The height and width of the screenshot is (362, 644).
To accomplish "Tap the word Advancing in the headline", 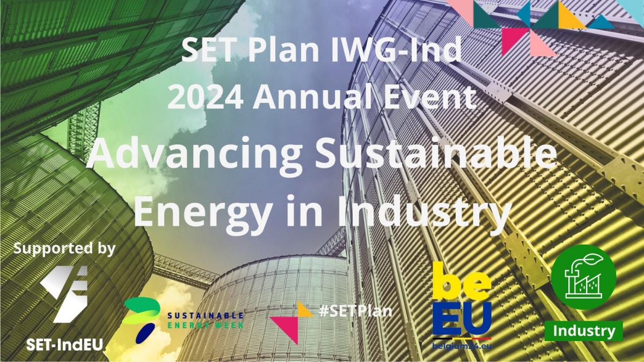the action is pyautogui.click(x=194, y=154).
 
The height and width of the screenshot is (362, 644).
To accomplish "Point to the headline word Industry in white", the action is pyautogui.click(x=424, y=212).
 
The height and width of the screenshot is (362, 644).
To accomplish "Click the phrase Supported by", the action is pyautogui.click(x=64, y=249).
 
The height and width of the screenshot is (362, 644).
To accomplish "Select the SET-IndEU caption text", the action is pyautogui.click(x=64, y=344).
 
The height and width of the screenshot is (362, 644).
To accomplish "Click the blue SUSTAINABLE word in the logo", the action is pyautogui.click(x=205, y=315).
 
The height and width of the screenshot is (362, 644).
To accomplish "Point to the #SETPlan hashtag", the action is pyautogui.click(x=356, y=311).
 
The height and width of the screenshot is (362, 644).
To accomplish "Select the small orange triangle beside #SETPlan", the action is pyautogui.click(x=305, y=309).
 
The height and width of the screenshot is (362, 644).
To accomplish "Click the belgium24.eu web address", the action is pyautogui.click(x=462, y=345).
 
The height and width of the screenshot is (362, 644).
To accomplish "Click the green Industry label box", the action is pyautogui.click(x=584, y=331).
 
